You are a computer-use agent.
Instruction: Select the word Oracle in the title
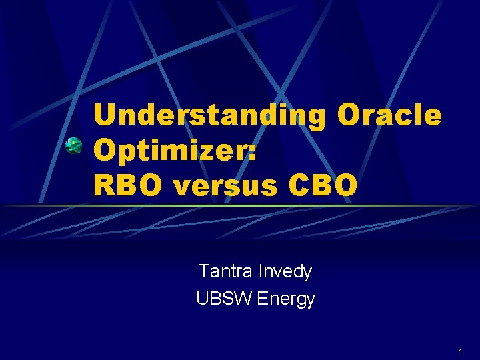(389, 115)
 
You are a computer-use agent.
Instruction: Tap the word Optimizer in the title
(170, 151)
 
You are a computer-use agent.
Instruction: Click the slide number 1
(460, 351)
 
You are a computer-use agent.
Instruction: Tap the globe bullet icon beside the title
(73, 146)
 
